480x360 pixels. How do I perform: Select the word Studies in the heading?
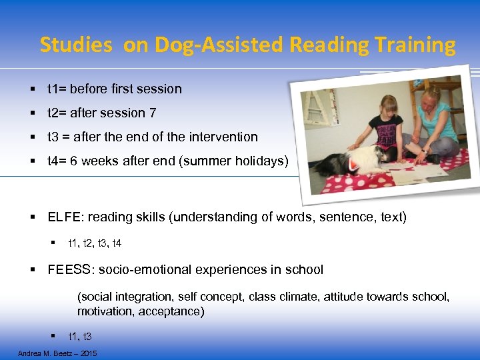75,45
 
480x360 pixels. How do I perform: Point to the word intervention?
223,137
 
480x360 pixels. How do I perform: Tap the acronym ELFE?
63,217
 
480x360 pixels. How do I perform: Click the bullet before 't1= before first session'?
33,89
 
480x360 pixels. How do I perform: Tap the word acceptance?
176,311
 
